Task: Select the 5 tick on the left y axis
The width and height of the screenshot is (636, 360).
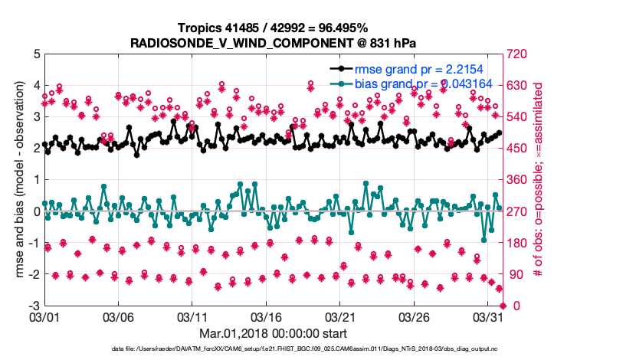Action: pos(35,54)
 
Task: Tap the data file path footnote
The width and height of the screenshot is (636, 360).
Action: pos(273,349)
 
